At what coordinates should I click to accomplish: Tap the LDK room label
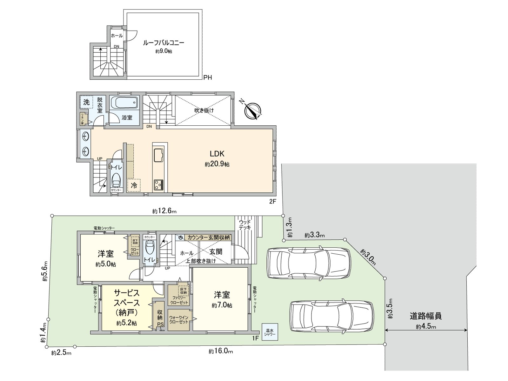click(217, 154)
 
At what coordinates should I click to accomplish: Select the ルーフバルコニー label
click(164, 43)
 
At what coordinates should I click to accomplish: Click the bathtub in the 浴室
click(124, 103)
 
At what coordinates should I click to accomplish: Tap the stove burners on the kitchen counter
click(158, 184)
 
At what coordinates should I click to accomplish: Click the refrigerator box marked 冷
click(134, 185)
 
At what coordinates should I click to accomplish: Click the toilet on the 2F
click(116, 180)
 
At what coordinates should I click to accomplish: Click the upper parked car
click(309, 263)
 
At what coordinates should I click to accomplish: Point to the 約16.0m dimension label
click(221, 351)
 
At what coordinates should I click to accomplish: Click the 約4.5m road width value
click(426, 326)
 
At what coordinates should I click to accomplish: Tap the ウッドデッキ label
click(245, 225)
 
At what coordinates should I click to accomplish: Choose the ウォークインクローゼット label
click(179, 320)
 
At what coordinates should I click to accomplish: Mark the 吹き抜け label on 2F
click(204, 110)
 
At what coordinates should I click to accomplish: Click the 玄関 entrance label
click(216, 252)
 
